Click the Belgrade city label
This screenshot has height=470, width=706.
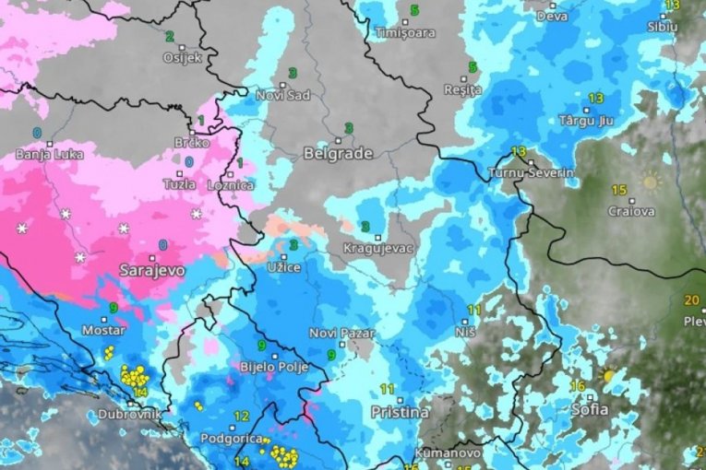[x=338, y=154]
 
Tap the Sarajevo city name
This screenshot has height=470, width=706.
[x=152, y=271]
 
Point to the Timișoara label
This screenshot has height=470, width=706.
[x=403, y=33]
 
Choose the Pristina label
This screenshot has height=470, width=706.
[x=400, y=412]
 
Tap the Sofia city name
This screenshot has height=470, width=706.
[x=591, y=408]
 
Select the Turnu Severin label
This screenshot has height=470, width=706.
[x=531, y=173]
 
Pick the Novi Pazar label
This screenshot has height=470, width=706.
[x=333, y=333]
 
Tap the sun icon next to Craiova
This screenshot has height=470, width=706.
[x=651, y=182]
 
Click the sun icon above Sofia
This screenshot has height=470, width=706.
[x=608, y=376]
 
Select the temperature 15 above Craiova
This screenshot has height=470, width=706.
[x=618, y=190]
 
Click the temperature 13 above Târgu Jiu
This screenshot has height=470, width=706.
[x=595, y=99]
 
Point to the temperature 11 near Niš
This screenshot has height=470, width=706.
[x=474, y=310]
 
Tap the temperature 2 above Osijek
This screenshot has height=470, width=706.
[x=170, y=37]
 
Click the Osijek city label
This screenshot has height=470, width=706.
[x=181, y=57]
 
